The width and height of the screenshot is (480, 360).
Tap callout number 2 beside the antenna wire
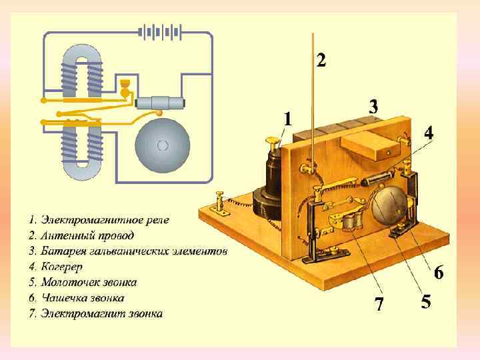pyautogui.click(x=321, y=61)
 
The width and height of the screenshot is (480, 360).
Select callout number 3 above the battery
pyautogui.click(x=373, y=106)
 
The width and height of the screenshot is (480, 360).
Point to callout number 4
pyautogui.click(x=428, y=133)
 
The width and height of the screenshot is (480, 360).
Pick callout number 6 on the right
pyautogui.click(x=439, y=272)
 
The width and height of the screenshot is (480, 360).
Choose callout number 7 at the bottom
pyautogui.click(x=379, y=305)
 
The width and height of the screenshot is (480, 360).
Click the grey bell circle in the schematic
pyautogui.click(x=163, y=145)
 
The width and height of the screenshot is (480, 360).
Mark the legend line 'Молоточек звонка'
pyautogui.click(x=89, y=282)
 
